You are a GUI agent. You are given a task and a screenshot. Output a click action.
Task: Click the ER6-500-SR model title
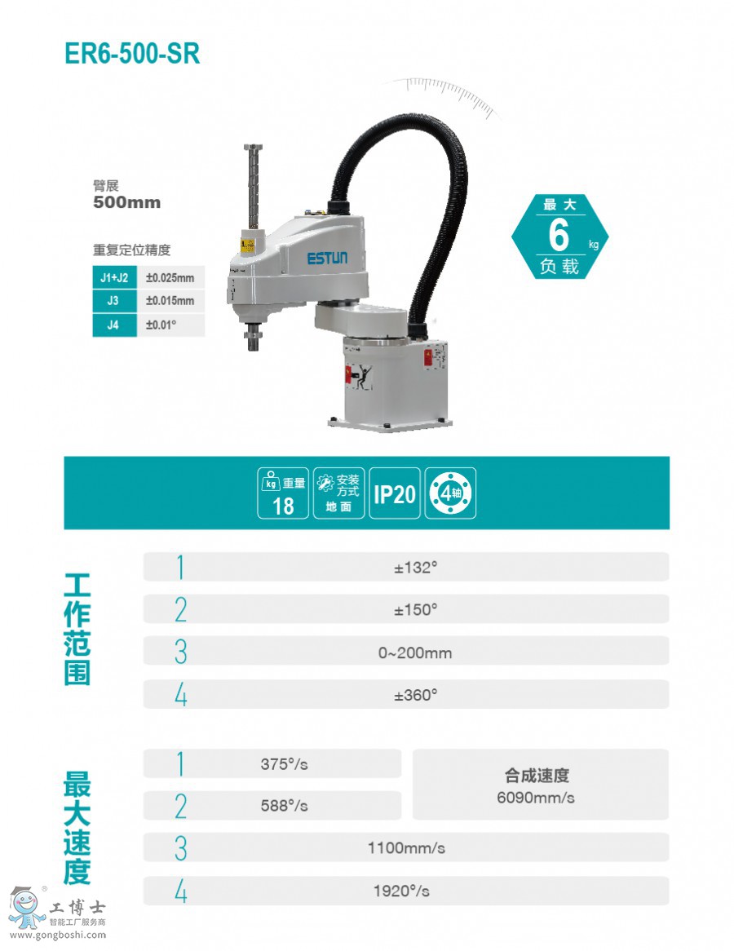[132, 53]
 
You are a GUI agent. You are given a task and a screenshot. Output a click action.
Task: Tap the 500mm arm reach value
[126, 202]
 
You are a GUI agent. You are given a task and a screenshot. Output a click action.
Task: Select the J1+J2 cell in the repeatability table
[114, 278]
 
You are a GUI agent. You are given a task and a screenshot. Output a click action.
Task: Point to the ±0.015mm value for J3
[170, 301]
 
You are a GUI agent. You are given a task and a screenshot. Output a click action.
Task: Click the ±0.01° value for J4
[161, 325]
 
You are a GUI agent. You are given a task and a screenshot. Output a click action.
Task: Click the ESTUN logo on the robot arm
[328, 259]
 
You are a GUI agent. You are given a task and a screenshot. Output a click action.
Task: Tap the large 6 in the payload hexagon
[559, 235]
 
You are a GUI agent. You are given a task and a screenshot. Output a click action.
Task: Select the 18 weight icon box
[283, 493]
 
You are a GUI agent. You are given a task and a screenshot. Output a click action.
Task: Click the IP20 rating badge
[394, 493]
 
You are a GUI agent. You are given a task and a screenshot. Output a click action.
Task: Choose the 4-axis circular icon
[450, 493]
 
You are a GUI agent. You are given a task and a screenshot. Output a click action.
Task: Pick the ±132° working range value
[416, 568]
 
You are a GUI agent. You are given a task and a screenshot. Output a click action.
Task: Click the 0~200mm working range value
[415, 653]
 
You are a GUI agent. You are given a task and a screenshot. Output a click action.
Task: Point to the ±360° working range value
[416, 695]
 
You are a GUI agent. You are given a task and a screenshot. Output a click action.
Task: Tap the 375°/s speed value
[284, 764]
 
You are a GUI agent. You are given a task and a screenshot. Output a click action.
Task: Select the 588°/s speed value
[284, 806]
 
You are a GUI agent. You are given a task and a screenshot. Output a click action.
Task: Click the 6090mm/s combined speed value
[536, 798]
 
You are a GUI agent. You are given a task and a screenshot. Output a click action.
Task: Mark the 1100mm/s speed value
[406, 848]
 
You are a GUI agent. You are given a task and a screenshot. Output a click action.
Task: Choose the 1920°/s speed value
[401, 891]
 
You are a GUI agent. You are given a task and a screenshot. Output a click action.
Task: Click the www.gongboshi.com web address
[58, 935]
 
